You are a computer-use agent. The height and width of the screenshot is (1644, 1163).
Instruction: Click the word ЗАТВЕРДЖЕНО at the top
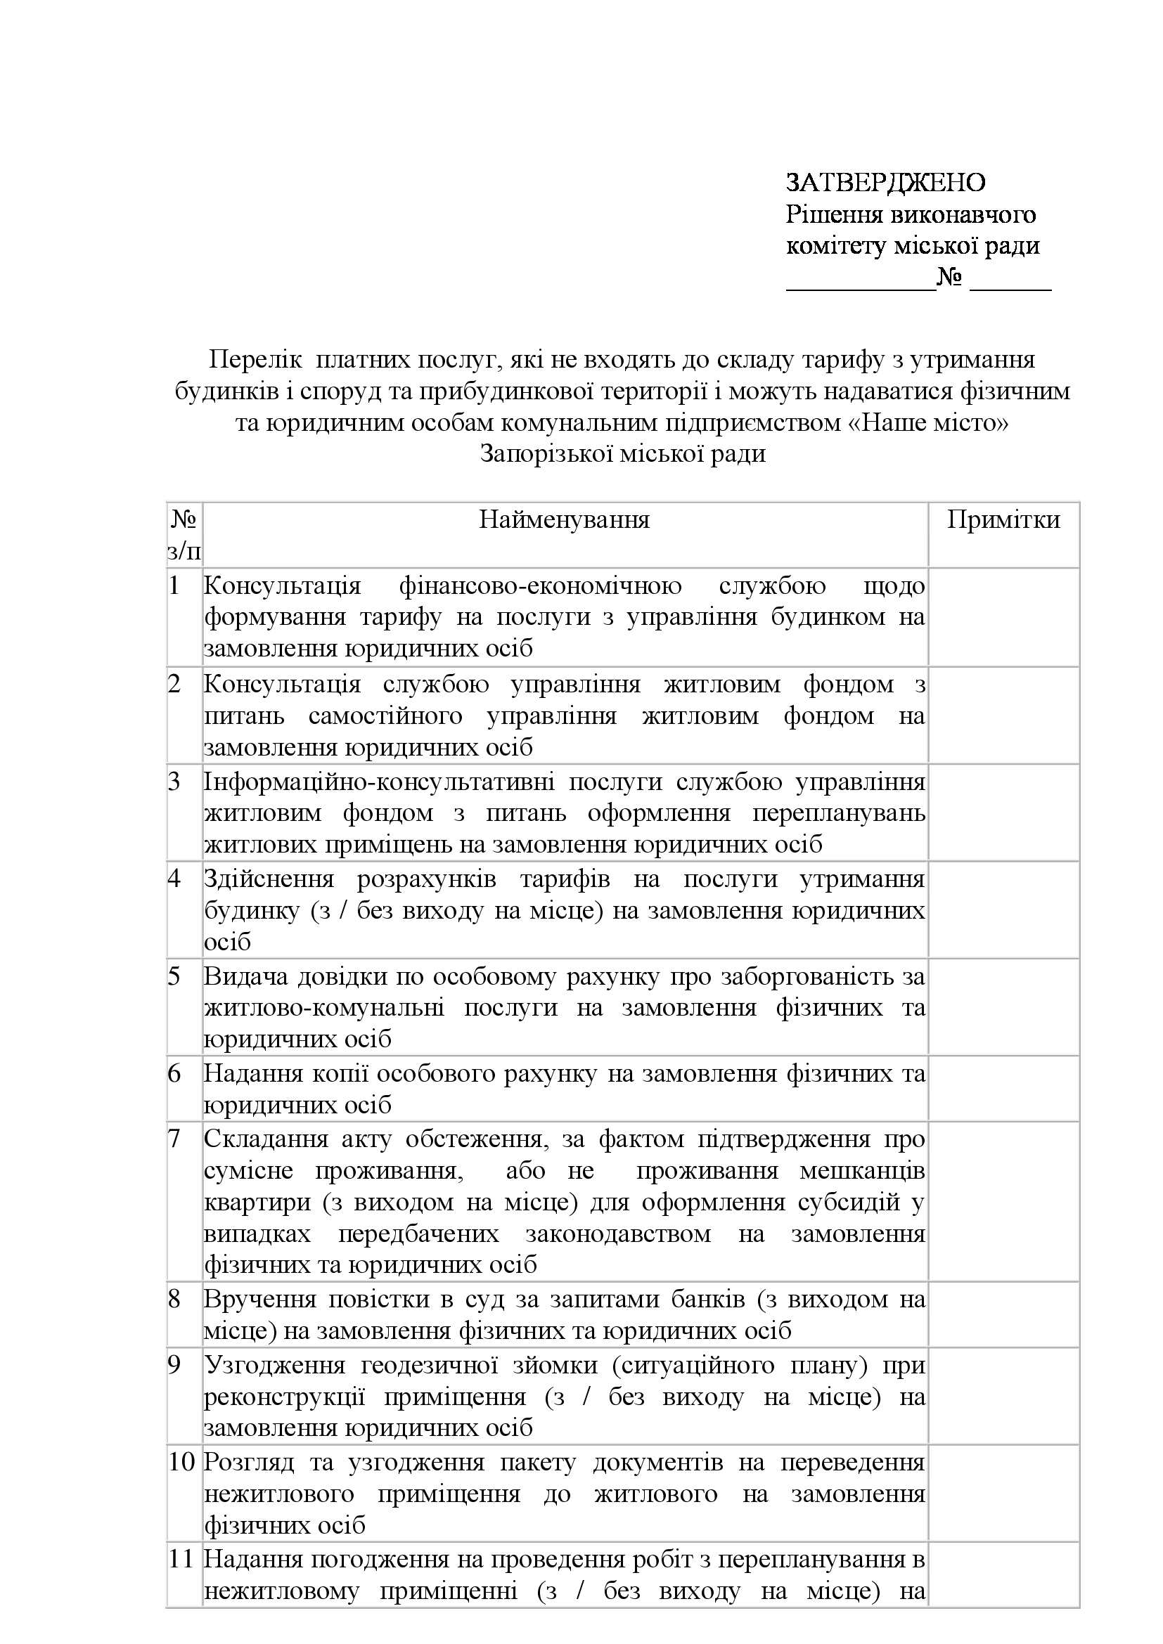886,183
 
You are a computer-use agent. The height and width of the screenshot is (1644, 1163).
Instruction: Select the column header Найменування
565,519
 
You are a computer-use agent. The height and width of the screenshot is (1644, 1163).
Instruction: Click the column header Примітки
1003,519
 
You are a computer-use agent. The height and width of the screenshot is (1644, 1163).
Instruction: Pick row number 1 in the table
174,585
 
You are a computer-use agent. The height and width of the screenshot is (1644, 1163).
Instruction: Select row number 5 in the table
174,977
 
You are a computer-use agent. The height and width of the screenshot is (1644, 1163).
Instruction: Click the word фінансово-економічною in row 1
540,585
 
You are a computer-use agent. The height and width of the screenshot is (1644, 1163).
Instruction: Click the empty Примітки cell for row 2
1003,716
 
